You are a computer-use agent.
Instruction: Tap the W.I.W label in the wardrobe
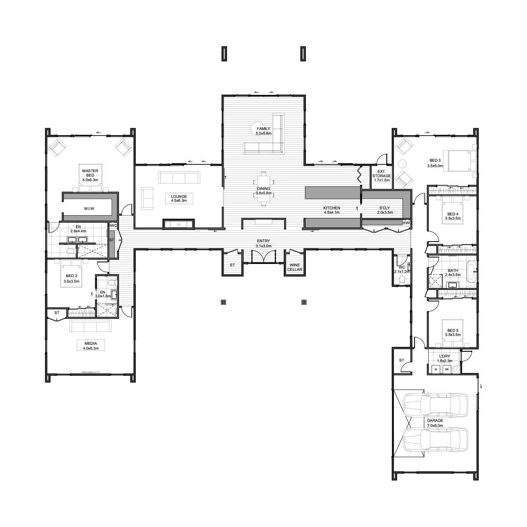pyautogui.click(x=89, y=209)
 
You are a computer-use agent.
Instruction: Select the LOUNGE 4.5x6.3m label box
pyautogui.click(x=179, y=198)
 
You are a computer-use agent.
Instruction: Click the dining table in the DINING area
pyautogui.click(x=263, y=188)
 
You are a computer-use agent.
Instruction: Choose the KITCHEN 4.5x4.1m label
pyautogui.click(x=332, y=210)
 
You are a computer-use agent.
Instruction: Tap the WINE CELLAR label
pyautogui.click(x=295, y=267)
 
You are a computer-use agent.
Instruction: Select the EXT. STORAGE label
pyautogui.click(x=382, y=176)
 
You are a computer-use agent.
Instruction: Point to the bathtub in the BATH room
pyautogui.click(x=471, y=271)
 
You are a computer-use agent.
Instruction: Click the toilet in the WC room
pyautogui.click(x=402, y=280)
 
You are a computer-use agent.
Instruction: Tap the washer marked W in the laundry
pyautogui.click(x=436, y=369)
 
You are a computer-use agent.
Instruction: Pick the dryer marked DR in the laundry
pyautogui.click(x=447, y=369)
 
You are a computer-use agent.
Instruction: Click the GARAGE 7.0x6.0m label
pyautogui.click(x=435, y=423)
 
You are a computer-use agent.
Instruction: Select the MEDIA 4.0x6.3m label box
pyautogui.click(x=91, y=346)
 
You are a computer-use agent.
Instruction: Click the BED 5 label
pyautogui.click(x=453, y=330)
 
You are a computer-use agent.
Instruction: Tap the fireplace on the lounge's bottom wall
pyautogui.click(x=179, y=224)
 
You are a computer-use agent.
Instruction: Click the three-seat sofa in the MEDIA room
pyautogui.click(x=90, y=326)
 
